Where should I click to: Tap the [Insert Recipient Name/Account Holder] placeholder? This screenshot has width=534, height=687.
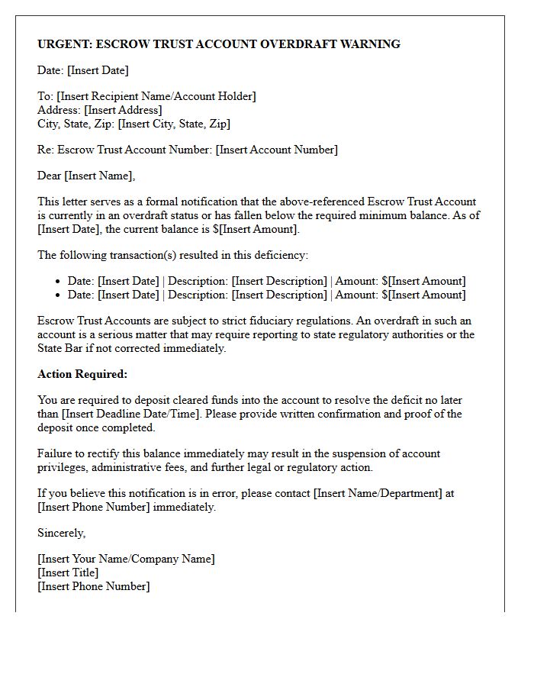pos(156,96)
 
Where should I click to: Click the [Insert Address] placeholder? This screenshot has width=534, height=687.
pos(123,110)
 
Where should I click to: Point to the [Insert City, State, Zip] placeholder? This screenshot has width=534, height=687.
pos(174,124)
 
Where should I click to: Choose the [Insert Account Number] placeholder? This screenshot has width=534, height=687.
pos(277,150)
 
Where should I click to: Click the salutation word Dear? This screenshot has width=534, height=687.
pos(50,176)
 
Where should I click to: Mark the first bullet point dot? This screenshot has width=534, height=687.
pos(58,282)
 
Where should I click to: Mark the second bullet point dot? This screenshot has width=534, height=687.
pos(58,295)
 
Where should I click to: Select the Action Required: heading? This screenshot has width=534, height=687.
pos(82,374)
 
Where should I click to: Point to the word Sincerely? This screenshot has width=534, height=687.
pos(61,533)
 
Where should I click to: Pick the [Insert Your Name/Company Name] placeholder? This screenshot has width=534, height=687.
pos(126,559)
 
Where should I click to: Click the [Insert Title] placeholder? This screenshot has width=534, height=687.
pos(68,572)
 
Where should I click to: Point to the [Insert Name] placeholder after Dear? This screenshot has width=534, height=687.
pos(100,176)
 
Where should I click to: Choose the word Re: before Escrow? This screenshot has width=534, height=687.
pos(46,150)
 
